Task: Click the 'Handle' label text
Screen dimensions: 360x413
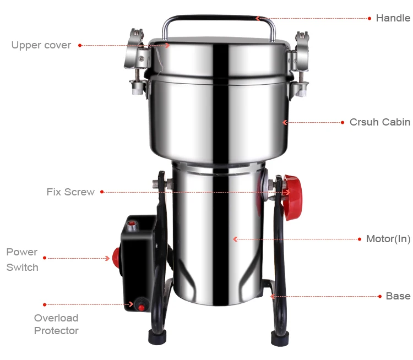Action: click(393, 18)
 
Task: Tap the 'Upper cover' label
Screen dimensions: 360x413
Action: click(41, 45)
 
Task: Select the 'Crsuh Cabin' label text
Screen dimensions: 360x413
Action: click(379, 122)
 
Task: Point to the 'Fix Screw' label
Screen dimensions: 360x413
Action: click(70, 192)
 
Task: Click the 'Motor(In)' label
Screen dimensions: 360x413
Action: click(388, 239)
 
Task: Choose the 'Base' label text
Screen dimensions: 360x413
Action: click(398, 296)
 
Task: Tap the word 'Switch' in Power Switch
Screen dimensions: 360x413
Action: click(23, 268)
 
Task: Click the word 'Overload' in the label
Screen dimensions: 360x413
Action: click(56, 318)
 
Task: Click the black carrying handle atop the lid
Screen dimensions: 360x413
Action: click(219, 19)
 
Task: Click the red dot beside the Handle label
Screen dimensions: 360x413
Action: click(369, 18)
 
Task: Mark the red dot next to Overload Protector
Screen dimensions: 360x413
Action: click(45, 304)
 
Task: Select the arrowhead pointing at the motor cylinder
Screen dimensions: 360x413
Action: click(235, 239)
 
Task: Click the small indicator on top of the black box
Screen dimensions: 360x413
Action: click(132, 224)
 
